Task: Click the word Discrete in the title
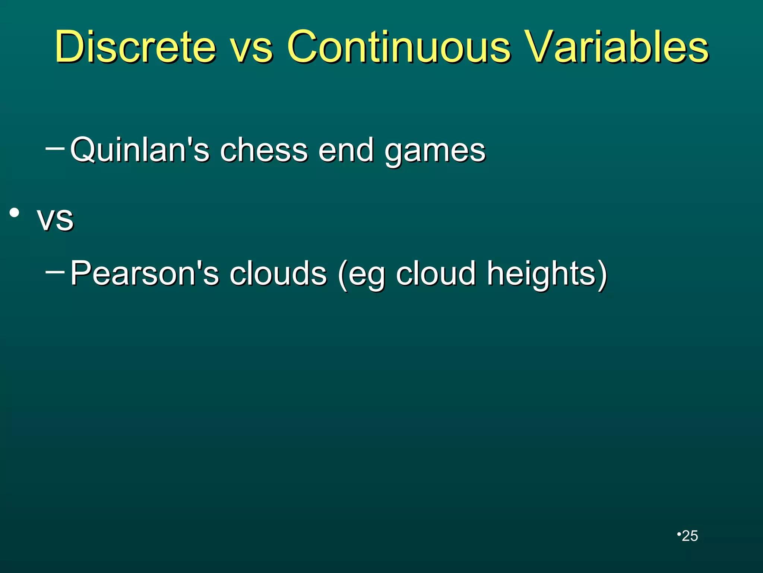click(x=135, y=47)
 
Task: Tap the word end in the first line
click(x=346, y=150)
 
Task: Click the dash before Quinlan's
click(x=54, y=148)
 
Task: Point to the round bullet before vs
click(x=15, y=213)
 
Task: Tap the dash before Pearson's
click(x=54, y=271)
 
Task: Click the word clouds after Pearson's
click(x=278, y=273)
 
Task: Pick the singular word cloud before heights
click(x=436, y=273)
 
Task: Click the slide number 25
click(x=690, y=536)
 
